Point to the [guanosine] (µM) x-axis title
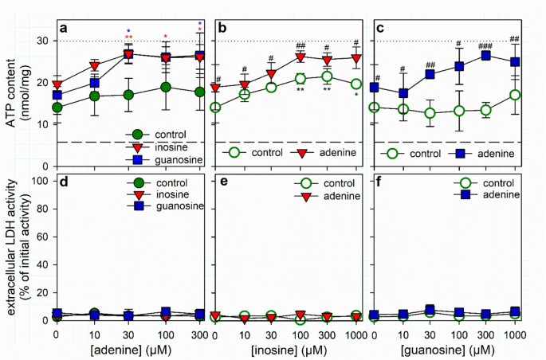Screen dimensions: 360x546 pos(450,349)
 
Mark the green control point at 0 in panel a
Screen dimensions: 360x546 pos(57,108)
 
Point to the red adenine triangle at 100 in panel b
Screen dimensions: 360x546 pos(300,57)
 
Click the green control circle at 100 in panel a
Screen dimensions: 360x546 pos(166,87)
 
